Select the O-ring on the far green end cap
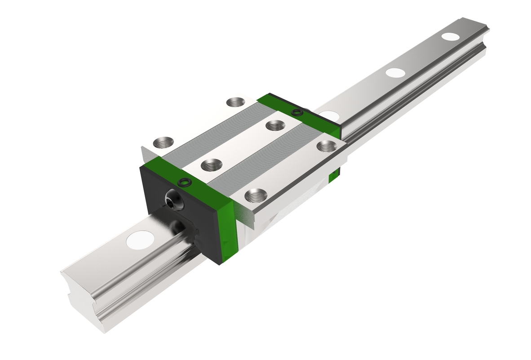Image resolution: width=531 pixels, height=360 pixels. click(x=296, y=111)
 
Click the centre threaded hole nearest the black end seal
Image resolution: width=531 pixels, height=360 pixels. click(x=210, y=165)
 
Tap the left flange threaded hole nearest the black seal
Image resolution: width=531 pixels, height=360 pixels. click(x=162, y=143)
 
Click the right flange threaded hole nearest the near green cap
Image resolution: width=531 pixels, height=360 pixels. click(x=256, y=196)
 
